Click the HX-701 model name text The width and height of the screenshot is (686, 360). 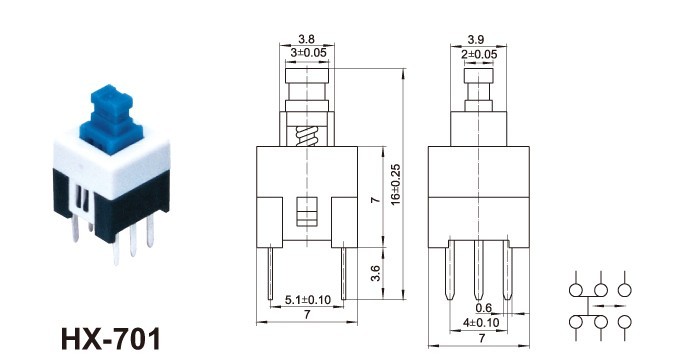pos(111,339)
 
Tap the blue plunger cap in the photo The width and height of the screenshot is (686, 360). pos(111,119)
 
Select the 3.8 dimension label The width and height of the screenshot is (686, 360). pos(306,39)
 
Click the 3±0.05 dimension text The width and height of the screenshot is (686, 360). pos(308,53)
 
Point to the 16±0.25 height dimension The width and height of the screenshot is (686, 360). pos(396,185)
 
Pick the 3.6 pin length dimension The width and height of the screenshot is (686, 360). pos(375,273)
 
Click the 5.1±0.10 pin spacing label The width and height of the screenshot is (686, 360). pos(308,300)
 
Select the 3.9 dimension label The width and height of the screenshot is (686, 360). pos(476,40)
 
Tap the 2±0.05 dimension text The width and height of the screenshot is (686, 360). pos(479,54)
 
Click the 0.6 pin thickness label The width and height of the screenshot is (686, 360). pos(483,308)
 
